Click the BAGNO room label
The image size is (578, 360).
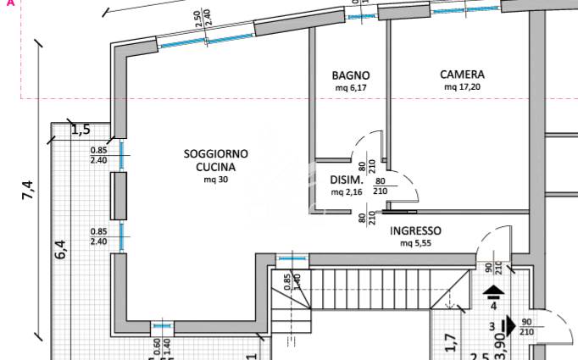pos(351,75)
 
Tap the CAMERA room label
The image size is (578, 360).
pos(462,75)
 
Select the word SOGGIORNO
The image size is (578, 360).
pos(215,153)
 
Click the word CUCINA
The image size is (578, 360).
pos(215,167)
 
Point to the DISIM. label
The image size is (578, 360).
pos(347,180)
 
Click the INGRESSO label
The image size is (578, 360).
pos(415,231)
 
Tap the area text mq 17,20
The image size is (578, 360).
pos(462,87)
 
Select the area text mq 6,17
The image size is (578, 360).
pos(351,88)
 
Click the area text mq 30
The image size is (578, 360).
pos(215,180)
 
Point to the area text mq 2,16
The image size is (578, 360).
pos(347,192)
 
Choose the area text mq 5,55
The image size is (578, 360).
pos(415,243)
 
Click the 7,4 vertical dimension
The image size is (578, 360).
pos(28,190)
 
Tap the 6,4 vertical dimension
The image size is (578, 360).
pos(60,249)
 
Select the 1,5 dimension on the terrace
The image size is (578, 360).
pos(81,130)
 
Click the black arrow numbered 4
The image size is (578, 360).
pos(493,291)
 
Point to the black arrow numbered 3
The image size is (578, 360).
pos(509,326)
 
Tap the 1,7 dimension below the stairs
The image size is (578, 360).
pos(451,342)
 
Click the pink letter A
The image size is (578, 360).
pos(11,3)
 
